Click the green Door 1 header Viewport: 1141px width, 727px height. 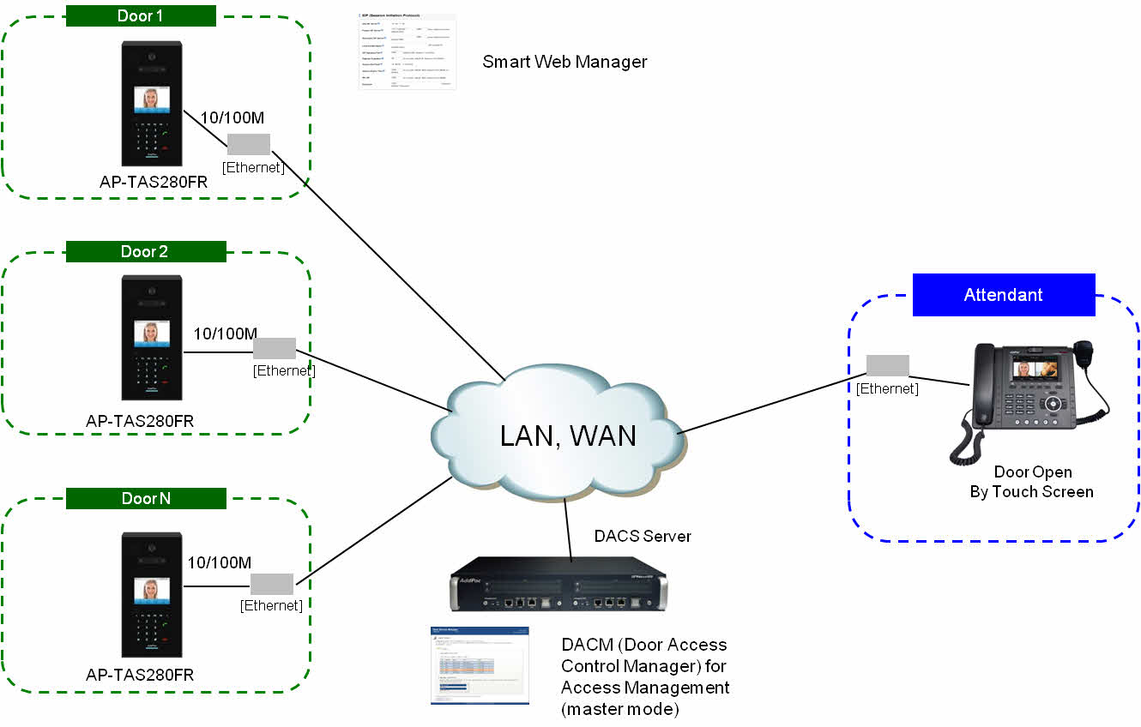[x=141, y=15]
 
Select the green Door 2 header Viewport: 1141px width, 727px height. [x=146, y=251]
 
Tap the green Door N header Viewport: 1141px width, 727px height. [x=146, y=498]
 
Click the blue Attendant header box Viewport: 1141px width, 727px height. [x=1003, y=295]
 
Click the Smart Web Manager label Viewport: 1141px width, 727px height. [x=564, y=62]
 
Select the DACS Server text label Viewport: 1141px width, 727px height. [x=643, y=536]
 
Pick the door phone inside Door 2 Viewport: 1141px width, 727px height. [x=152, y=337]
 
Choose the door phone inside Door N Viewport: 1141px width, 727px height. [x=152, y=594]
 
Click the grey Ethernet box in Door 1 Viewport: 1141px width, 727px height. [x=249, y=144]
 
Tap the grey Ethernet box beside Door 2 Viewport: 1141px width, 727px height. [x=275, y=348]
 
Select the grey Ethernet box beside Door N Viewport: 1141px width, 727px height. [x=272, y=584]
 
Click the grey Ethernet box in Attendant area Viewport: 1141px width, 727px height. [x=887, y=365]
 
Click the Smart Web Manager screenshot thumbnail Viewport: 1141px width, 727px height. [x=407, y=52]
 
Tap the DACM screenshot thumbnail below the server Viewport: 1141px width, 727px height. [x=480, y=666]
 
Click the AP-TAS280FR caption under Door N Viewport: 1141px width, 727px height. [x=140, y=675]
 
